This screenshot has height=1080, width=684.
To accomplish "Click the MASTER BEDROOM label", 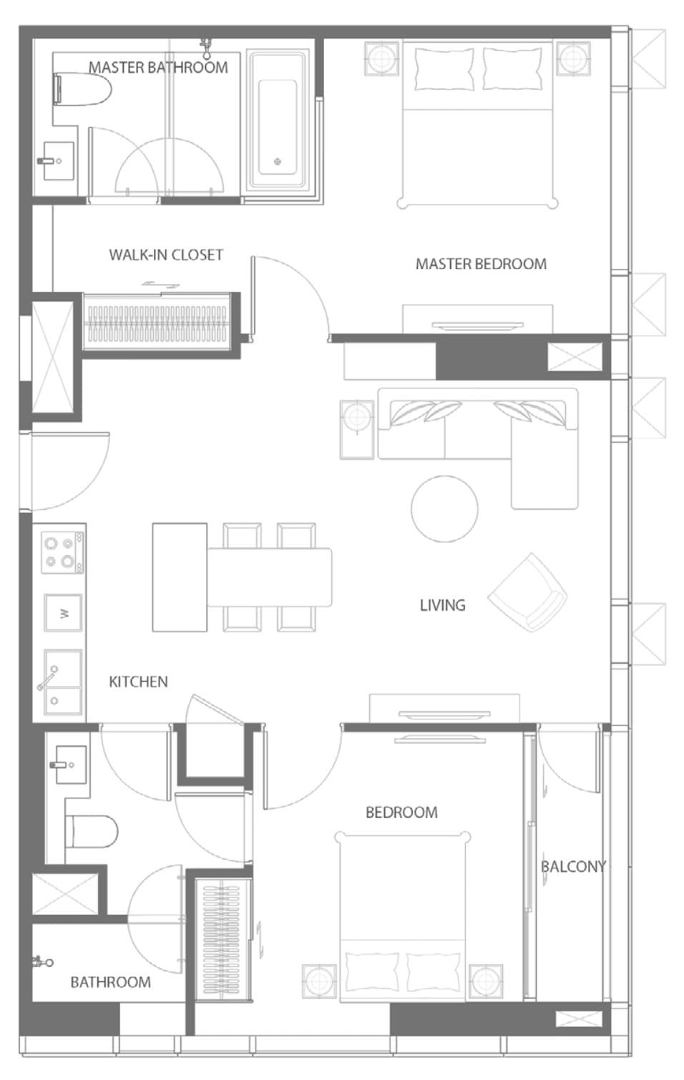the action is tap(481, 264).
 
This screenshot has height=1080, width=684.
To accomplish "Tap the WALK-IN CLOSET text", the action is tap(166, 255).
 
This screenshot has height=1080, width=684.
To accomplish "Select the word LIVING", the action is tap(442, 605).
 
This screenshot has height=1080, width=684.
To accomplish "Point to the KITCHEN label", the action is tap(138, 682).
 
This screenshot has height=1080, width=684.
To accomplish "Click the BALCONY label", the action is tap(573, 866).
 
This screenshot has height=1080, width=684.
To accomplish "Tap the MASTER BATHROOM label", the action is tap(158, 67).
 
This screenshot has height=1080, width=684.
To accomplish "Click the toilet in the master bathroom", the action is tap(82, 89).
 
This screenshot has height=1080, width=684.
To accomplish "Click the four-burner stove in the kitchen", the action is tap(63, 552).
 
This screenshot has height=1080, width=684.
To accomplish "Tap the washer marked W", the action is tap(63, 613).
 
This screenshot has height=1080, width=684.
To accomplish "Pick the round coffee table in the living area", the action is tap(445, 509).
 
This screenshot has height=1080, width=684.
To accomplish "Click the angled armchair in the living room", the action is tap(527, 592).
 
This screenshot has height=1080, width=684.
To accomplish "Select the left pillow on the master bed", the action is tap(444, 69).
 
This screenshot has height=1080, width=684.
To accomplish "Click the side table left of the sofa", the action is tap(357, 430).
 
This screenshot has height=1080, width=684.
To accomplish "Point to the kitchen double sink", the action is tap(63, 682).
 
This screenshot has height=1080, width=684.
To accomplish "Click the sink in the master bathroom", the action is tap(57, 160).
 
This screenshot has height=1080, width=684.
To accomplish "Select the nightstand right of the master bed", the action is tap(573, 59).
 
